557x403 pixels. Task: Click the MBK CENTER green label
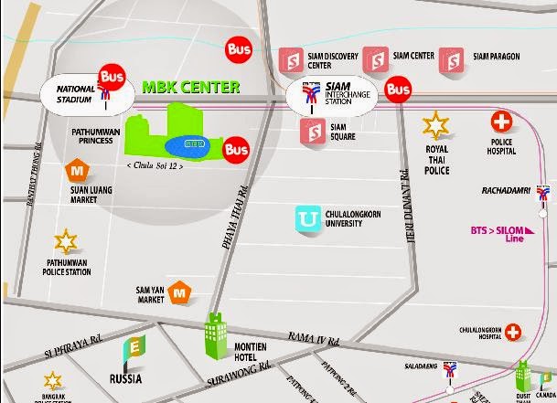pyautogui.click(x=190, y=89)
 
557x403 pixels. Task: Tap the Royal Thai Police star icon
pyautogui.click(x=436, y=124)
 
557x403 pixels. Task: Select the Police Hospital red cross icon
pyautogui.click(x=501, y=121)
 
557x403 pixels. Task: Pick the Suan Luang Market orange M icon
pyautogui.click(x=77, y=170)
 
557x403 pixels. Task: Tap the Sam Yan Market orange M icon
pyautogui.click(x=180, y=293)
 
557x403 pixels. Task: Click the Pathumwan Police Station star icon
pyautogui.click(x=65, y=242)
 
